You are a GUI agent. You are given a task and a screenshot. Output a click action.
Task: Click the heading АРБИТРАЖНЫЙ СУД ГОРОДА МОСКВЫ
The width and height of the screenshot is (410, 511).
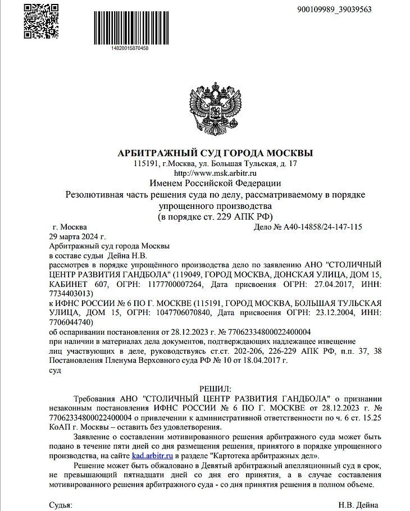point(216,153)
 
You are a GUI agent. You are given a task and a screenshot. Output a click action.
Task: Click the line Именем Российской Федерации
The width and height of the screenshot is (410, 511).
point(216,183)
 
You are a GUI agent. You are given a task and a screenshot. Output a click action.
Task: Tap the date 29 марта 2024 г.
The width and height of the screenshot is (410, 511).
point(78,236)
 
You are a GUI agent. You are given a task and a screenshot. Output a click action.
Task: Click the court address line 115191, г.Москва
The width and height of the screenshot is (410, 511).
point(216,163)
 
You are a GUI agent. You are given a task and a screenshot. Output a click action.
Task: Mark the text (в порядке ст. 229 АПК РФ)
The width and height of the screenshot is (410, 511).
point(216,217)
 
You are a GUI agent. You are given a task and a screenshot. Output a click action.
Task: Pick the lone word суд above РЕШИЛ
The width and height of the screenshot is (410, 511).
point(56,370)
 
